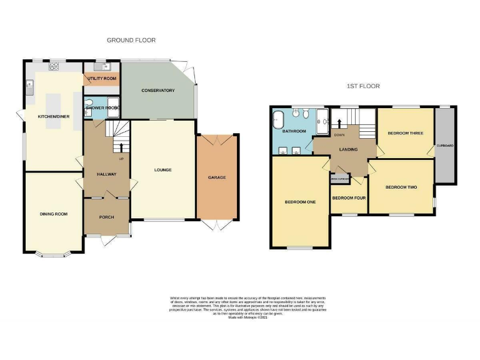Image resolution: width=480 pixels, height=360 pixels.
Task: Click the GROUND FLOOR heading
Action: [x=131, y=40]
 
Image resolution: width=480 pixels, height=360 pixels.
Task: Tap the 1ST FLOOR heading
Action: [x=363, y=86]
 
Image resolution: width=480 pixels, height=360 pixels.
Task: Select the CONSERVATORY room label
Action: [x=157, y=91]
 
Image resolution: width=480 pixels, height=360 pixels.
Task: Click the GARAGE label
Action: [x=217, y=177]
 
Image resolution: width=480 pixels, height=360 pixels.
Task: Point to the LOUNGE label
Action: [x=163, y=169]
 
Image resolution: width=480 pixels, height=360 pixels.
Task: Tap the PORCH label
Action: [x=107, y=217]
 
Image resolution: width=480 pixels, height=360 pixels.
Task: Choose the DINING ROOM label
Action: [x=53, y=214]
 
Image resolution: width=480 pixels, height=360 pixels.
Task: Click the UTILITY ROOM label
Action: [x=102, y=79]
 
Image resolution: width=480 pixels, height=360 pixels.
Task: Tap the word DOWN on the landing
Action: [x=340, y=134]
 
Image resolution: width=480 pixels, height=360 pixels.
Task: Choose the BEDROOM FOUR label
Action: [x=349, y=197]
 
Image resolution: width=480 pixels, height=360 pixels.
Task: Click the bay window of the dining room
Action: [x=53, y=254]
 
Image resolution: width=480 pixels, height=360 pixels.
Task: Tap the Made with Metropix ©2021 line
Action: [x=248, y=317]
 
